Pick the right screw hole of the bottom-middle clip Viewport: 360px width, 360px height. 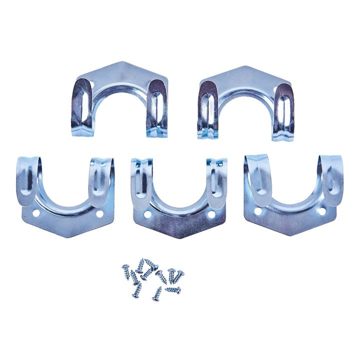coord(211,214)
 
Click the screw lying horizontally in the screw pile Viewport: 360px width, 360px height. coord(172,289)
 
